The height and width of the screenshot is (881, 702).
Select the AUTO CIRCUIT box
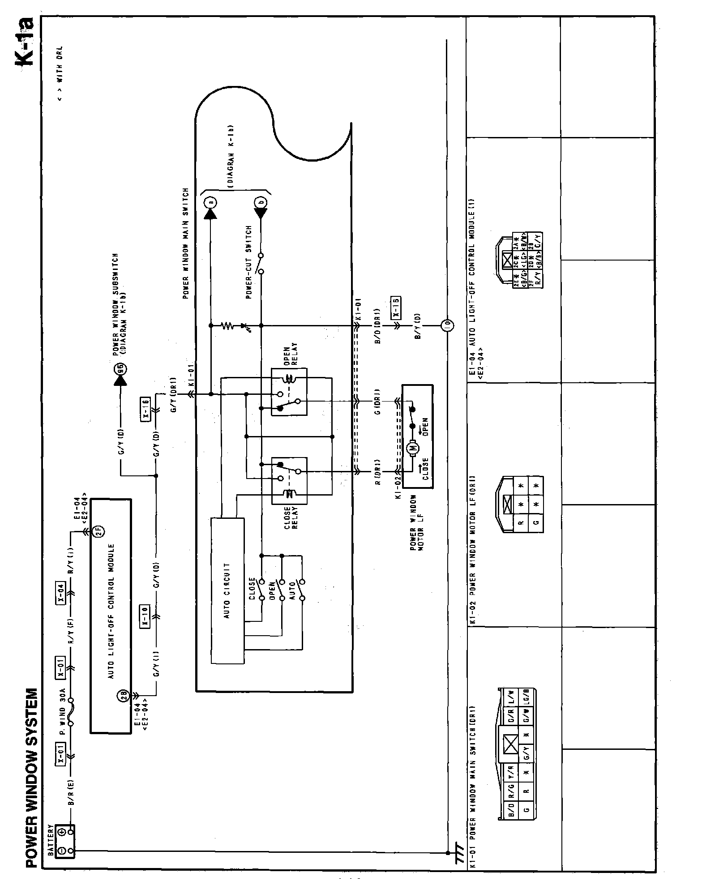tap(227, 590)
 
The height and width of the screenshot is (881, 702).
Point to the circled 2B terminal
tap(124, 695)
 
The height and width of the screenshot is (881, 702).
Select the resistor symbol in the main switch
tap(228, 325)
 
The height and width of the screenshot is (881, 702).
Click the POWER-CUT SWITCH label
tap(248, 262)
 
